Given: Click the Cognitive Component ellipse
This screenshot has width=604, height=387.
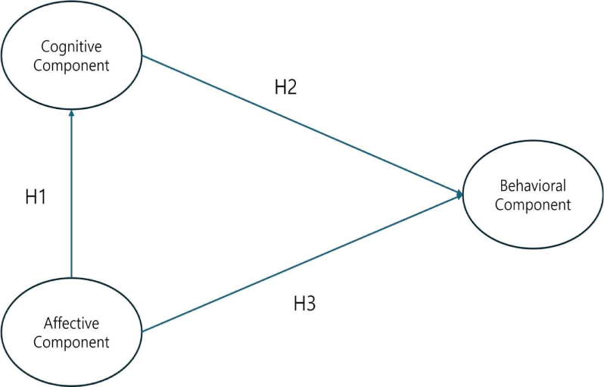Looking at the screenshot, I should click(71, 55).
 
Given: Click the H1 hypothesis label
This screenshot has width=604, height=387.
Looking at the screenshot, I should click(36, 197).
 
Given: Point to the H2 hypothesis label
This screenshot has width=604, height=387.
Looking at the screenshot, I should click(285, 87).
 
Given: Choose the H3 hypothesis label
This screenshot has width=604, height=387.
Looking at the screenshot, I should click(304, 304).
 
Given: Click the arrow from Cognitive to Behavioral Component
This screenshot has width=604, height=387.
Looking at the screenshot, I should click(303, 125).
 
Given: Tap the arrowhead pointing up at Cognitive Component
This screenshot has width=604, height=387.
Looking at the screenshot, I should click(71, 114).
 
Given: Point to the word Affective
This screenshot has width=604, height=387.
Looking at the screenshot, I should click(71, 323).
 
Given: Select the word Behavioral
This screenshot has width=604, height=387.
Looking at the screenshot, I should click(533, 186).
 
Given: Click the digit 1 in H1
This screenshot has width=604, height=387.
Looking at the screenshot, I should click(42, 197).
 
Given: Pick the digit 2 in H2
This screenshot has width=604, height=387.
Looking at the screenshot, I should click(291, 87).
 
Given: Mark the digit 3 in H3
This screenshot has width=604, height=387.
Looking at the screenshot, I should click(310, 304).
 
